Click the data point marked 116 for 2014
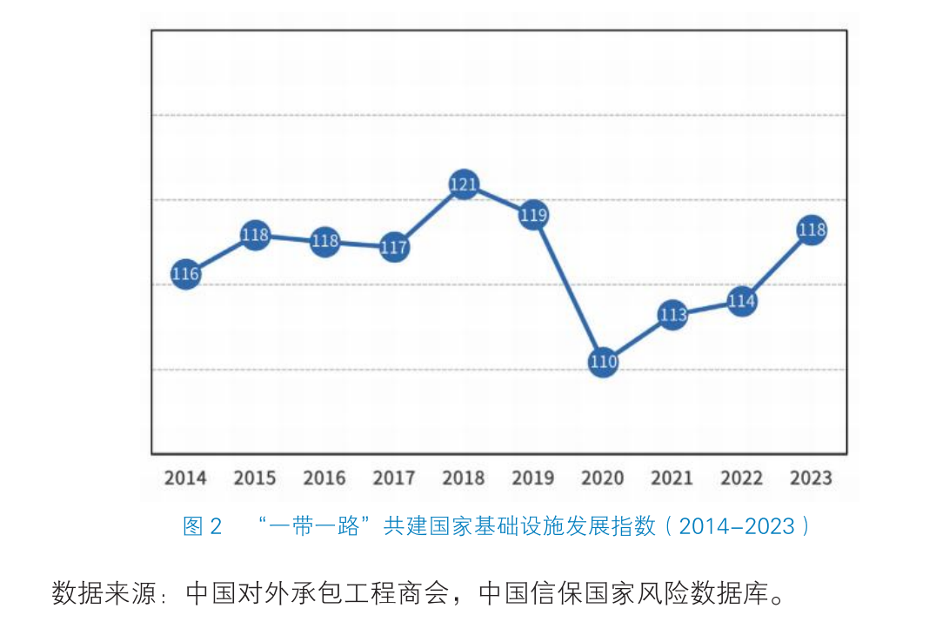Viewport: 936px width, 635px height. pyautogui.click(x=185, y=274)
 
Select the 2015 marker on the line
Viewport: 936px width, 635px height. pyautogui.click(x=255, y=235)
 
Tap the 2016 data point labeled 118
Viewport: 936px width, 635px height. pyautogui.click(x=324, y=241)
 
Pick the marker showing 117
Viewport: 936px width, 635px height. pyautogui.click(x=394, y=248)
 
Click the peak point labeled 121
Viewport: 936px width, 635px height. pyautogui.click(x=464, y=184)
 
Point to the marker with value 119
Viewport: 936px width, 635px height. pyautogui.click(x=533, y=215)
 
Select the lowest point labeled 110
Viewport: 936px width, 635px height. pyautogui.click(x=603, y=361)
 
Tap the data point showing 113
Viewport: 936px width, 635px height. pyautogui.click(x=672, y=314)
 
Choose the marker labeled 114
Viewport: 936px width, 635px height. pyautogui.click(x=741, y=302)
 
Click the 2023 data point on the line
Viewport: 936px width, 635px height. pyautogui.click(x=811, y=231)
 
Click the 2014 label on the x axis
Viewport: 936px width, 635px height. pyautogui.click(x=185, y=478)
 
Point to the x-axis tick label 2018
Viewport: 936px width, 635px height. pyautogui.click(x=464, y=478)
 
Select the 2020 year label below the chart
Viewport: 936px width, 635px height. pyautogui.click(x=603, y=478)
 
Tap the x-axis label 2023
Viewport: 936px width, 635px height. pyautogui.click(x=811, y=478)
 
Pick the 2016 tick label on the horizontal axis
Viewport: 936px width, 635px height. pyautogui.click(x=324, y=478)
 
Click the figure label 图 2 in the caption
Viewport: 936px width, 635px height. pyautogui.click(x=203, y=526)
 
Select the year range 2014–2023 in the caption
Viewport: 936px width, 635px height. pyautogui.click(x=736, y=526)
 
